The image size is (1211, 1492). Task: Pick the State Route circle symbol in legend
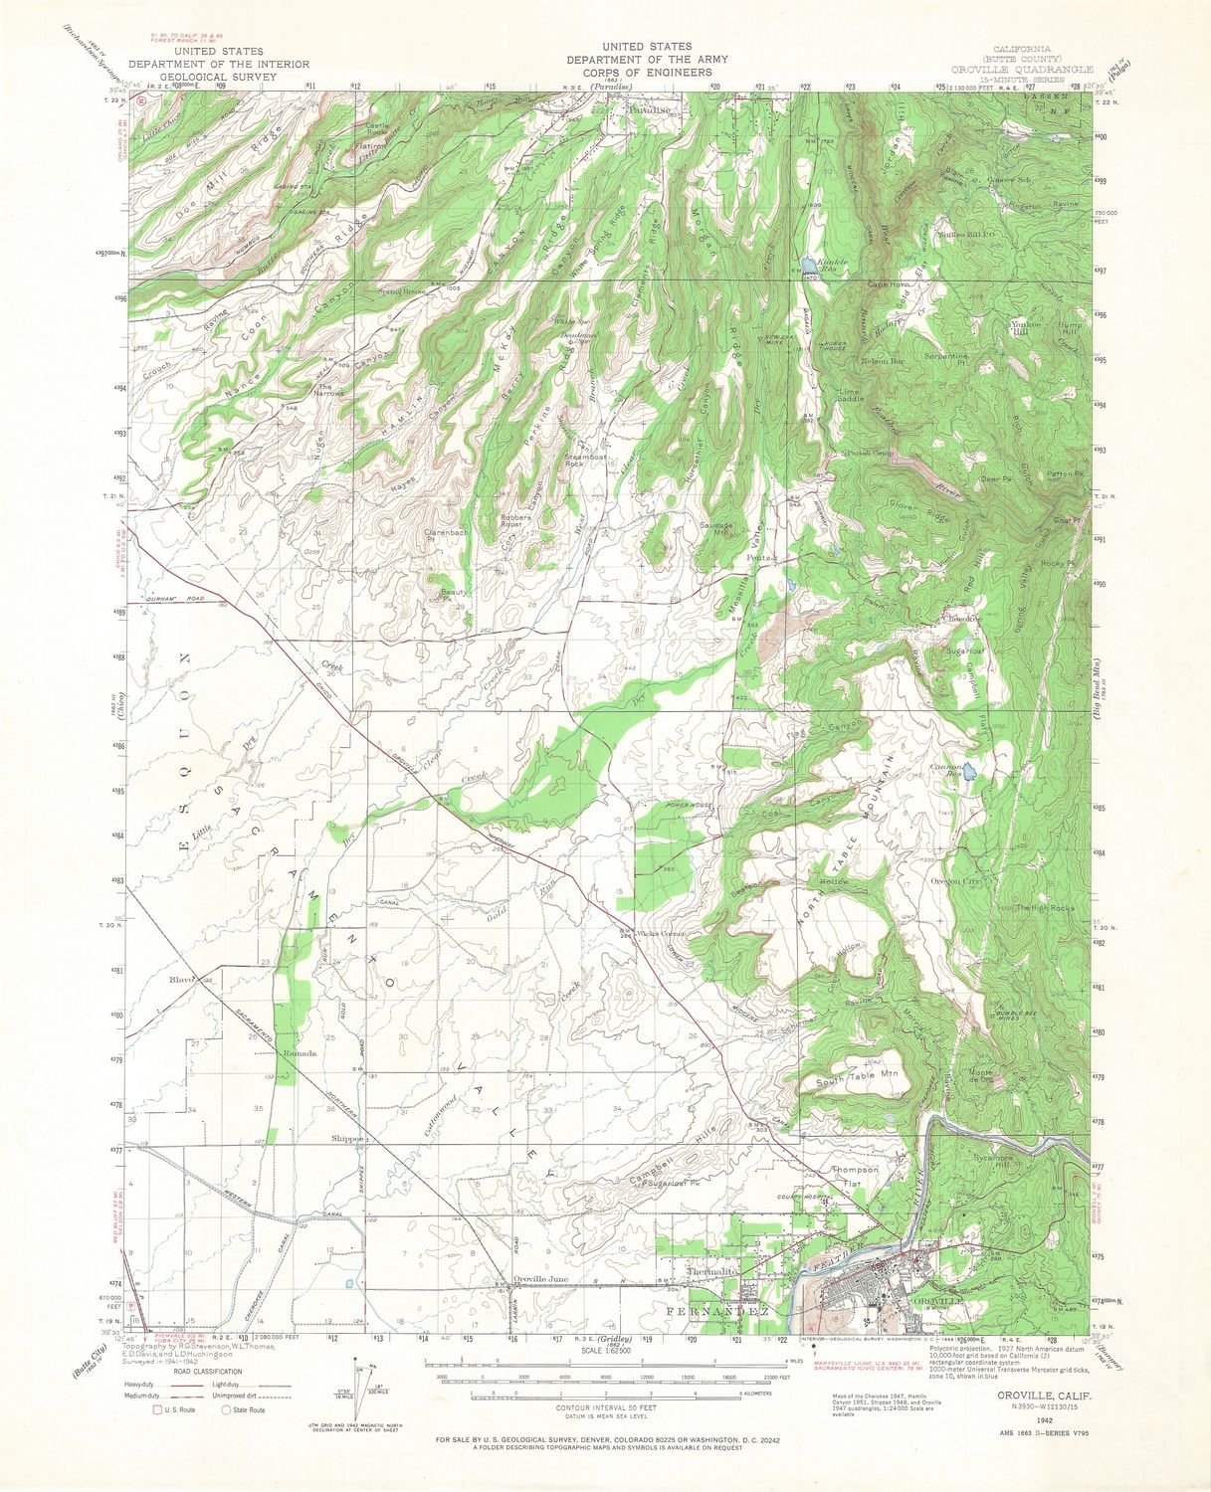click(227, 1409)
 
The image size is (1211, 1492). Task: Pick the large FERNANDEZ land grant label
click(715, 1313)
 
